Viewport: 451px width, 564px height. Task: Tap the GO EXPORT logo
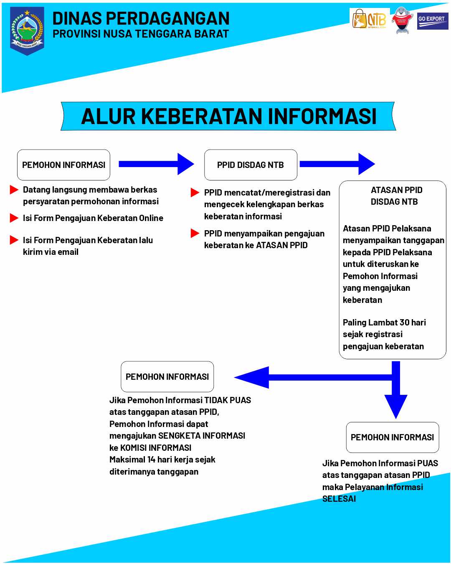coord(432,21)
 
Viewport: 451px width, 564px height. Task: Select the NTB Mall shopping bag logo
coord(369,19)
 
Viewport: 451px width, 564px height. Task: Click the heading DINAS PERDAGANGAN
coord(141,18)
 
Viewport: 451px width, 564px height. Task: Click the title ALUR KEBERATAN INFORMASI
coord(228,116)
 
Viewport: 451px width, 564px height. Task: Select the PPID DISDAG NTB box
coord(251,165)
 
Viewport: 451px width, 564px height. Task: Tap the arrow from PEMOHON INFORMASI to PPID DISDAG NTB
coord(156,164)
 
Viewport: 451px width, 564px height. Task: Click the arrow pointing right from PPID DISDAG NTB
coord(337,164)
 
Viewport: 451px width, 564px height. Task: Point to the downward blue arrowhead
coord(396,405)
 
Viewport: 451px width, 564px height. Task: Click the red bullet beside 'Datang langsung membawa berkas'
coord(14,190)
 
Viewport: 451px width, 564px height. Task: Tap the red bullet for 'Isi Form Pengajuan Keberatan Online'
coord(14,218)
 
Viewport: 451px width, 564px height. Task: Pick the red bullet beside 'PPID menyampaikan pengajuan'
coord(195,233)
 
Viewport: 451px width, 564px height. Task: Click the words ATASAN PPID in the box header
coord(396,190)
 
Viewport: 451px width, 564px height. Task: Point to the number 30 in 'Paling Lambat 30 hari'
coord(404,323)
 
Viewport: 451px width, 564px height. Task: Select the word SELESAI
coord(339,499)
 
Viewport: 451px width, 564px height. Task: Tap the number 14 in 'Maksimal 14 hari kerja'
coord(151,460)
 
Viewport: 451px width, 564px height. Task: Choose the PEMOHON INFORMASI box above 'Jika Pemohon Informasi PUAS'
coord(393,437)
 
